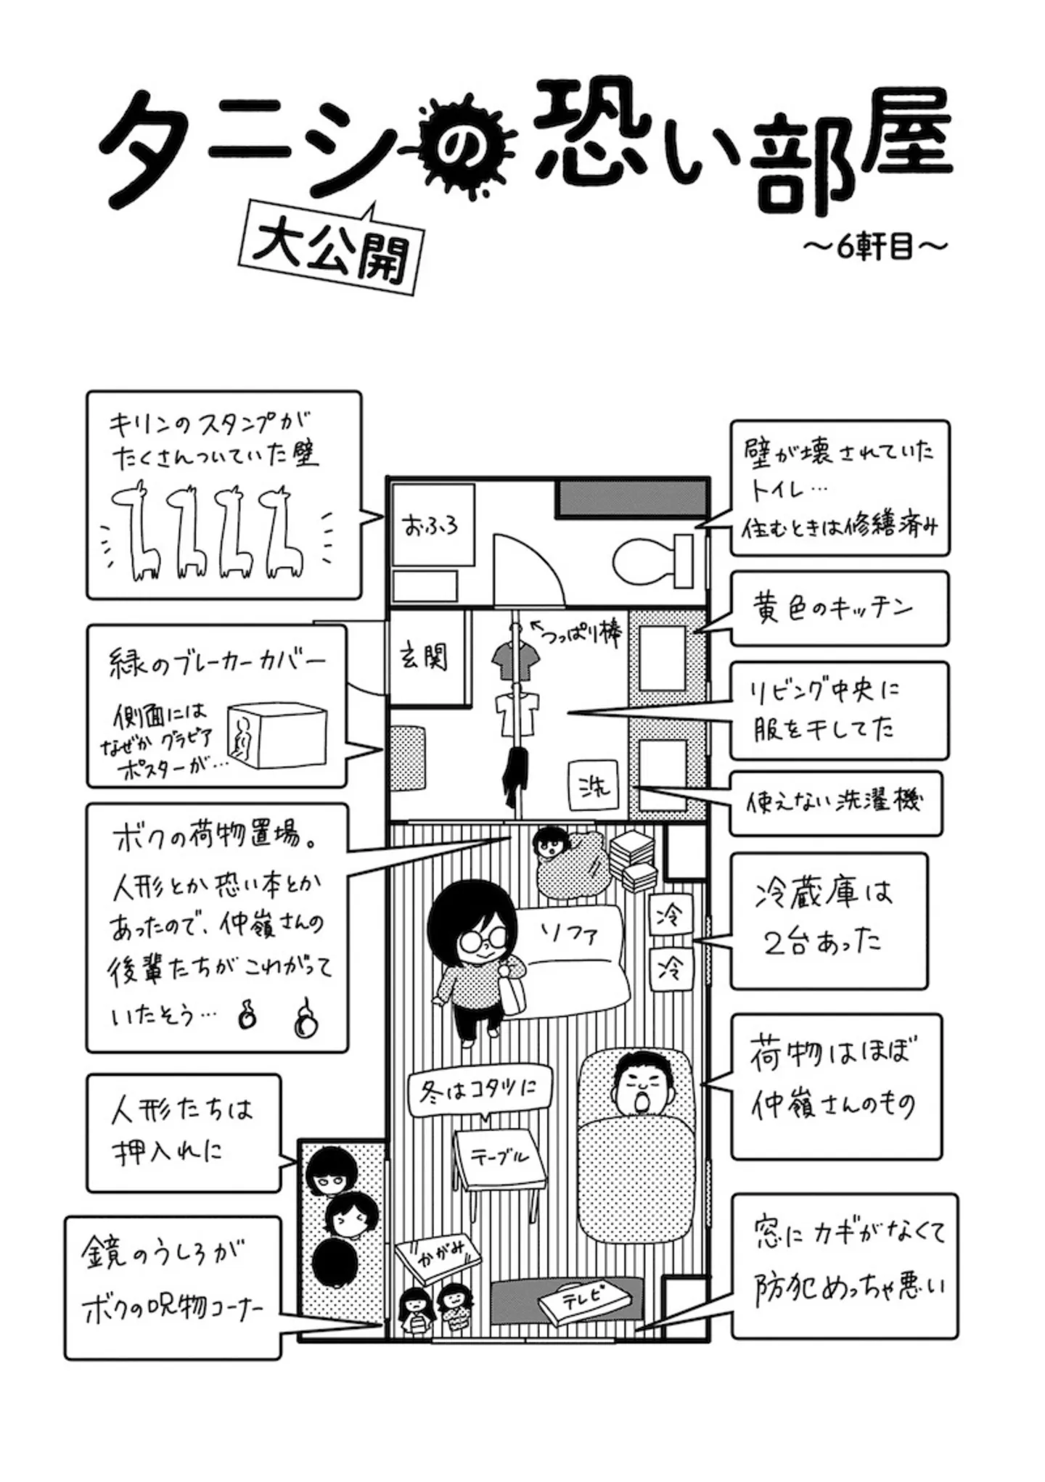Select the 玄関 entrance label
click(x=425, y=658)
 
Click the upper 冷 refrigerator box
click(x=669, y=915)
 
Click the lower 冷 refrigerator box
click(x=669, y=968)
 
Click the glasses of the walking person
click(x=480, y=942)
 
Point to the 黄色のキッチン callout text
click(x=832, y=608)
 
